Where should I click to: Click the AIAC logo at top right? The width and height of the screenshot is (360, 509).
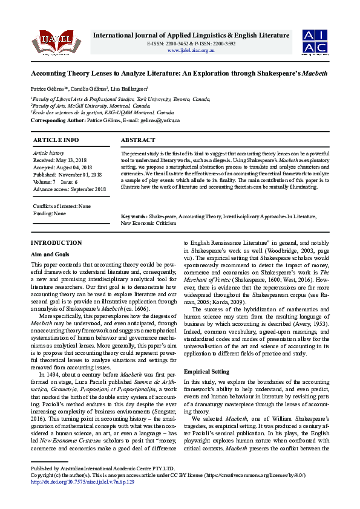tap(315, 41)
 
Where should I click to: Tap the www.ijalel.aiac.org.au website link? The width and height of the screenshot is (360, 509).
tap(191, 50)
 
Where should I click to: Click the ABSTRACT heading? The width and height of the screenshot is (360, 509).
tap(138, 140)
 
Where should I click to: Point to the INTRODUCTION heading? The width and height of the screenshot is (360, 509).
tap(56, 242)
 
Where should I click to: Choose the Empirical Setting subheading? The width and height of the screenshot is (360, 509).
tap(206, 371)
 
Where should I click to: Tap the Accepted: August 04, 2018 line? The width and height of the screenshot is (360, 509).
tap(62, 167)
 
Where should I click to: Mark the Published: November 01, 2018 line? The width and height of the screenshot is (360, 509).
tap(67, 174)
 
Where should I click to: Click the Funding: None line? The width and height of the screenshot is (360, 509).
tap(50, 213)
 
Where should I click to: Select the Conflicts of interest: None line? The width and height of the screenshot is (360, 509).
tap(62, 206)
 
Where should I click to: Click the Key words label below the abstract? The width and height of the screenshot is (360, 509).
tap(134, 216)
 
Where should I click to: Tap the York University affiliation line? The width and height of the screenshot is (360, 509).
tap(121, 99)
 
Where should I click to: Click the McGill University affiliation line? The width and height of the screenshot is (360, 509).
tap(91, 105)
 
